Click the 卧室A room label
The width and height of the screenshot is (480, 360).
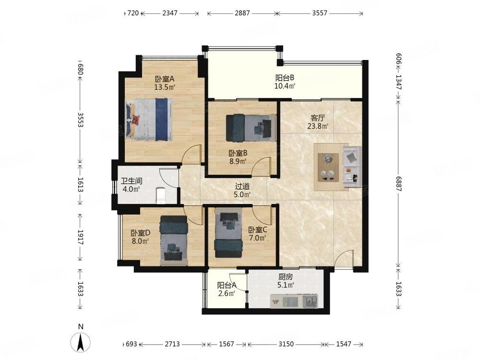pos(165,79)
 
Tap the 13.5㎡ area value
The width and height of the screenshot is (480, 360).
pos(165,87)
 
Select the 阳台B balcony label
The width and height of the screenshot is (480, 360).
pos(285,78)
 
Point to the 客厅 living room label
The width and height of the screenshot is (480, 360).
pos(318,118)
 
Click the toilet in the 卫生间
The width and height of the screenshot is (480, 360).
pos(161,195)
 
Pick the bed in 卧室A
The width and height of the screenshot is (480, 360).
pos(149,120)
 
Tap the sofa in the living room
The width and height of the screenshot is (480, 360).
pos(352,167)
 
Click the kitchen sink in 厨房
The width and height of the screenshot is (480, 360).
pos(310,301)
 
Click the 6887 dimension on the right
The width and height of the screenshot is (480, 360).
pos(398,184)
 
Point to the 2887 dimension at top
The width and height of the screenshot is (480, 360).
pos(242,13)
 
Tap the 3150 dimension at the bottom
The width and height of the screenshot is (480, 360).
pos(286,344)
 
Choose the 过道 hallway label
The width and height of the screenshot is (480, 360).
pos(242,186)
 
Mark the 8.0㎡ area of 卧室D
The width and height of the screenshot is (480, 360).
pos(140,241)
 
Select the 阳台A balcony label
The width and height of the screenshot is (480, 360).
pos(227,285)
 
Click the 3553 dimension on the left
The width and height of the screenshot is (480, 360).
pos(81,120)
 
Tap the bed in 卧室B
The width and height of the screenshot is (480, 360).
pos(251,128)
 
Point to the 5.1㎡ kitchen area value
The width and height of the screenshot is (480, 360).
pos(286,285)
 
